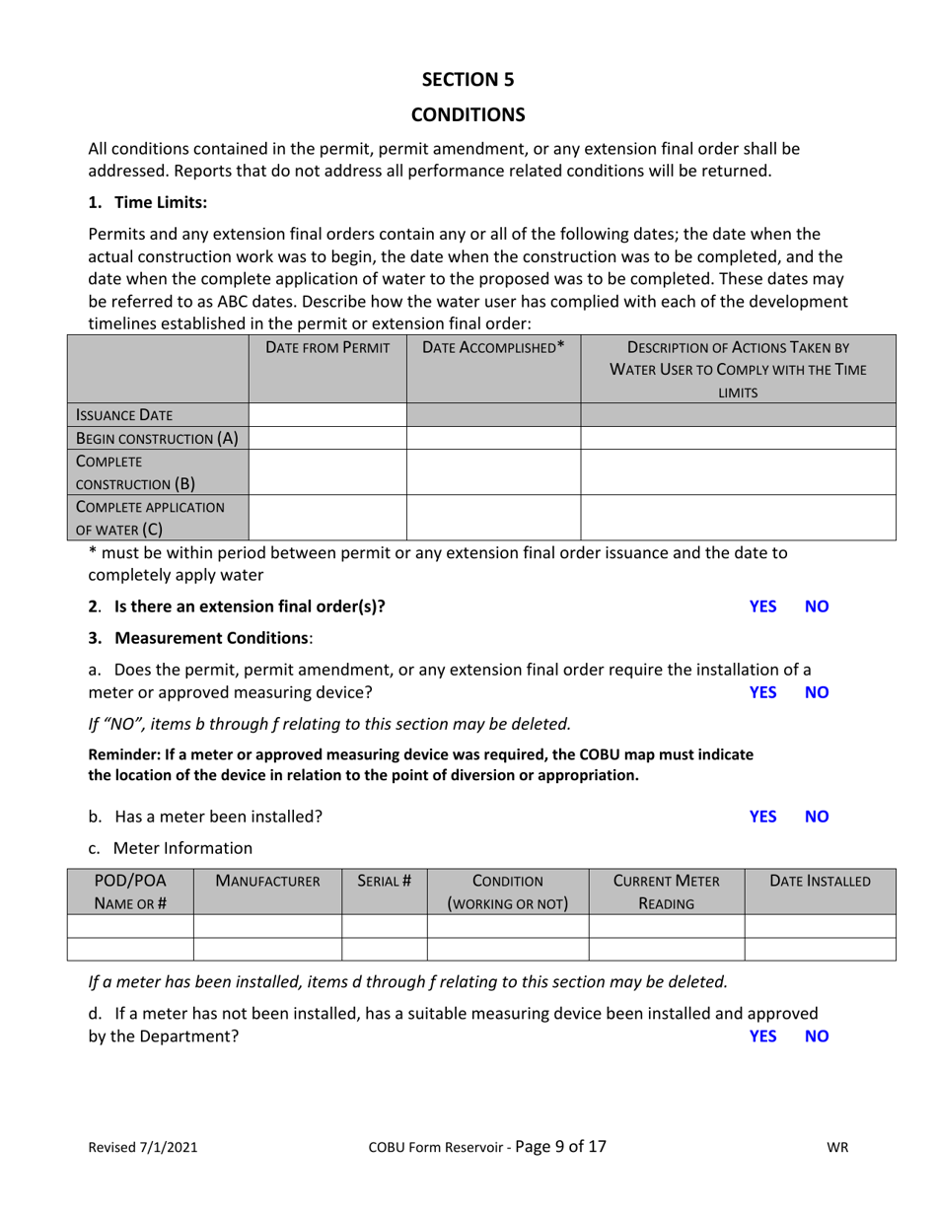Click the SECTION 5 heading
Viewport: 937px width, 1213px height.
coord(468,79)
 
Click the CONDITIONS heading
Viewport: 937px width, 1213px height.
coord(468,114)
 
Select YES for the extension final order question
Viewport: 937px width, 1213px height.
coord(762,606)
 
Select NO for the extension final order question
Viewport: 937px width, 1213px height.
coord(817,606)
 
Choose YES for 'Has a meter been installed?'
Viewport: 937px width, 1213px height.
coord(762,817)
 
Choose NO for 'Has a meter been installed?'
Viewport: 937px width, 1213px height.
coord(817,817)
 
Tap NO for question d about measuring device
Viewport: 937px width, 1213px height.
coord(817,1036)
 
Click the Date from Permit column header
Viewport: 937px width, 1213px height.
coord(327,347)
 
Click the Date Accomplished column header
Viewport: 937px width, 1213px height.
coord(493,347)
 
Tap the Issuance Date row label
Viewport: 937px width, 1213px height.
coord(122,414)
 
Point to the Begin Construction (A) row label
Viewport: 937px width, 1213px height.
coord(158,439)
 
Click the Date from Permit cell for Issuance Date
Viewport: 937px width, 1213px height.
coord(327,414)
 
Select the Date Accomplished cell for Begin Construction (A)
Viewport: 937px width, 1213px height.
coord(493,439)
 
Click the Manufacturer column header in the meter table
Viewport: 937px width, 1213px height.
coord(267,882)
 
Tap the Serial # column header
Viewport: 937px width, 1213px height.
coord(384,882)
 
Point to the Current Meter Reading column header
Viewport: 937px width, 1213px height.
coord(666,892)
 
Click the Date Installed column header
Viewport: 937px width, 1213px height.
coord(820,882)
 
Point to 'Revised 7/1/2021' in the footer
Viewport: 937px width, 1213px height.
coord(143,1148)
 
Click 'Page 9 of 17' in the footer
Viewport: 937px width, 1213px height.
coord(560,1147)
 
